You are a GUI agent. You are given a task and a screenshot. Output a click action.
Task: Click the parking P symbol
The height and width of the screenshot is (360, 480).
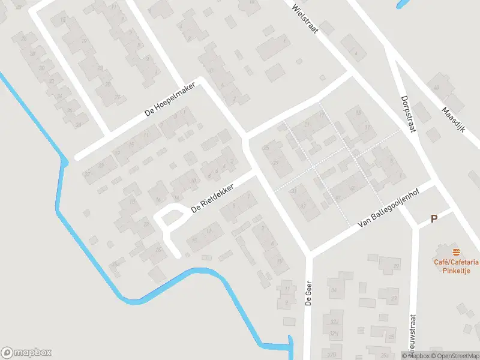pyautogui.click(x=434, y=219)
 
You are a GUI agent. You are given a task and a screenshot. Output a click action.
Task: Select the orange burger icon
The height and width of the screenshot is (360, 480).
pyautogui.click(x=457, y=251)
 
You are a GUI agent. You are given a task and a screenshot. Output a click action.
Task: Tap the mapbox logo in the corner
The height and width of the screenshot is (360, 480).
pyautogui.click(x=26, y=353)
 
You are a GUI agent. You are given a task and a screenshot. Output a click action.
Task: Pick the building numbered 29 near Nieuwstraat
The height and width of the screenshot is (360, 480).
pyautogui.click(x=395, y=266)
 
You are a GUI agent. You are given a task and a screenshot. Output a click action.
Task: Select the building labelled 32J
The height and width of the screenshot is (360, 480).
pyautogui.click(x=334, y=321)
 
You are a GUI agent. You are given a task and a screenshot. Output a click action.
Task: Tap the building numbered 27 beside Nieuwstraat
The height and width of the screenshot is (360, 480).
pyautogui.click(x=394, y=298)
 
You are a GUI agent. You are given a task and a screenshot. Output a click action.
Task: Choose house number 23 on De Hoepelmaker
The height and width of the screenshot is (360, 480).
pyautogui.click(x=101, y=164)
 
